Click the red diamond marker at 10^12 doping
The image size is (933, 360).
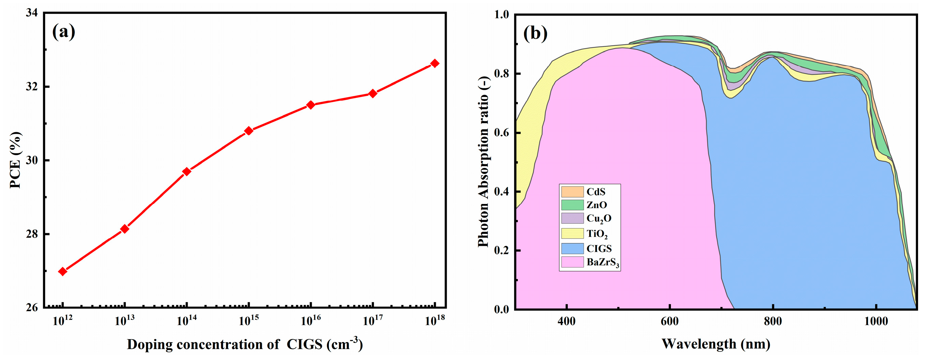coord(63,271)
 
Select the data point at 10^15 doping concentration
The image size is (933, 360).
coord(249,131)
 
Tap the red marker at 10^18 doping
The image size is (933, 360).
coord(435,63)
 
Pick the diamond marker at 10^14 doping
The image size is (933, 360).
coord(187,171)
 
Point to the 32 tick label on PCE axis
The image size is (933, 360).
coord(32,87)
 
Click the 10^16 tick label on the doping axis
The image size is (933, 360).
coord(310,321)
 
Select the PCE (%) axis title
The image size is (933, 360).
coord(15,160)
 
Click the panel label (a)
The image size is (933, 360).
coord(64,32)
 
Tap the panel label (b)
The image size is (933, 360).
coord(535,33)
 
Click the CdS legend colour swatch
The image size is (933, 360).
coord(572,192)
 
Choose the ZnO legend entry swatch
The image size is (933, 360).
coord(572,205)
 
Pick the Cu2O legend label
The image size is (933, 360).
coord(599,218)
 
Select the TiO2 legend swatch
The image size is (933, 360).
coord(572,233)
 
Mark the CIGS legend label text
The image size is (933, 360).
coord(599,248)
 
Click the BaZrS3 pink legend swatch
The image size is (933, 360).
coord(572,262)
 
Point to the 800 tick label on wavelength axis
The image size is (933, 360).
coord(773,321)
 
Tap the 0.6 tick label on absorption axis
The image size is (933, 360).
coord(501,133)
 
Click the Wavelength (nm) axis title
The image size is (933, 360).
coord(716,344)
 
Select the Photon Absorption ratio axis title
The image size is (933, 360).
coord(484,161)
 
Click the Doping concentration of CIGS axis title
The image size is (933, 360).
coord(245,344)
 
